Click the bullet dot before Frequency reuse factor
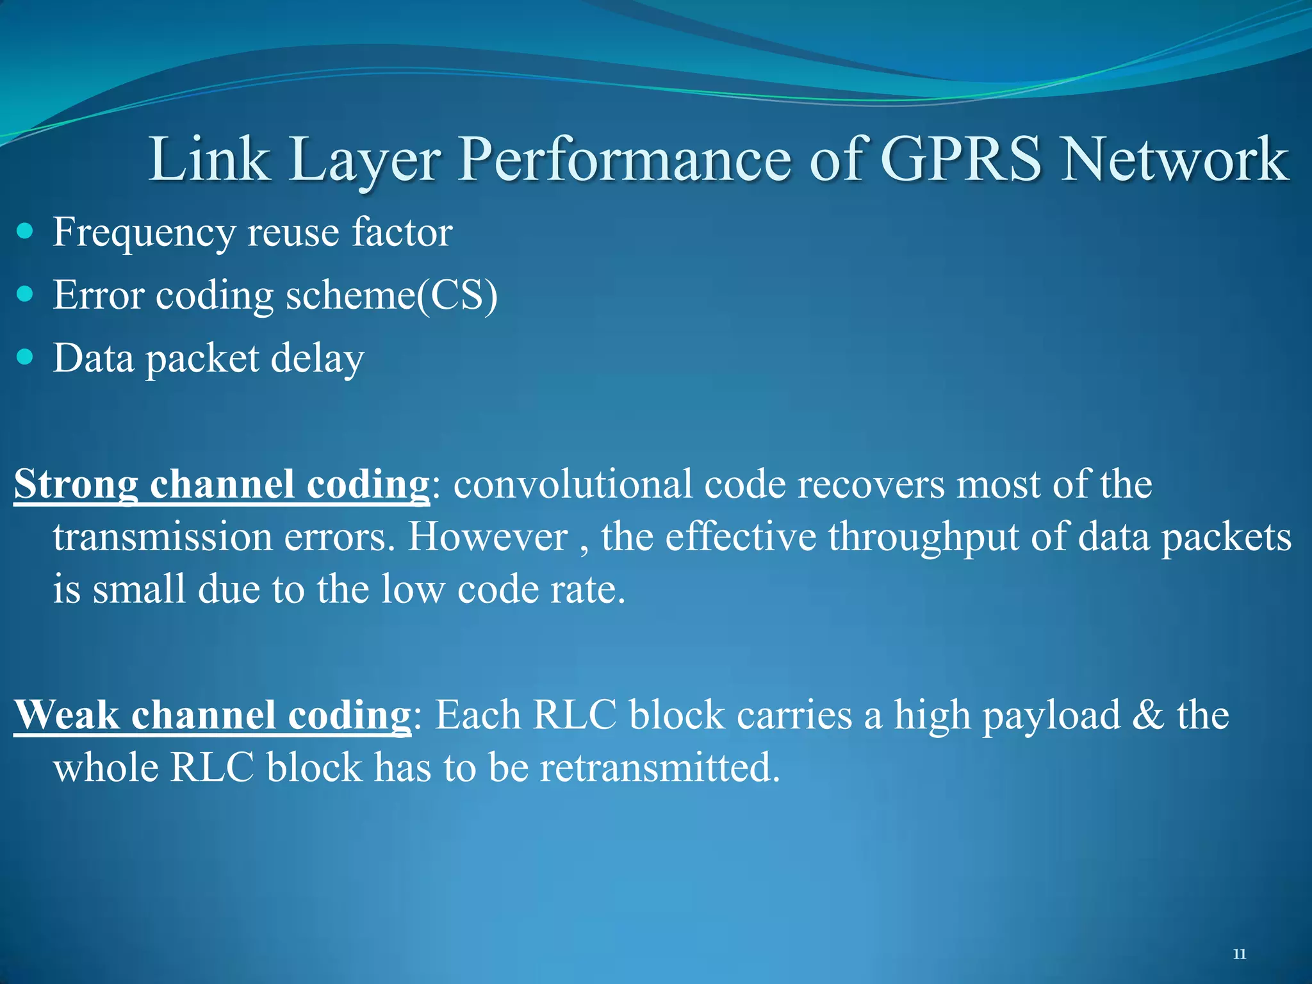(x=25, y=231)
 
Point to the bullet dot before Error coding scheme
(x=25, y=294)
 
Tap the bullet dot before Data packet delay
(x=25, y=357)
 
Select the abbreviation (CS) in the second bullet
(x=457, y=295)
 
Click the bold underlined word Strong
(x=76, y=485)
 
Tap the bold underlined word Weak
(x=66, y=715)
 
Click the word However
(x=488, y=537)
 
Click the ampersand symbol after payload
(x=1147, y=715)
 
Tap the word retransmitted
(x=659, y=767)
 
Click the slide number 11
(x=1239, y=954)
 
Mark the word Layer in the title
(x=364, y=160)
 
